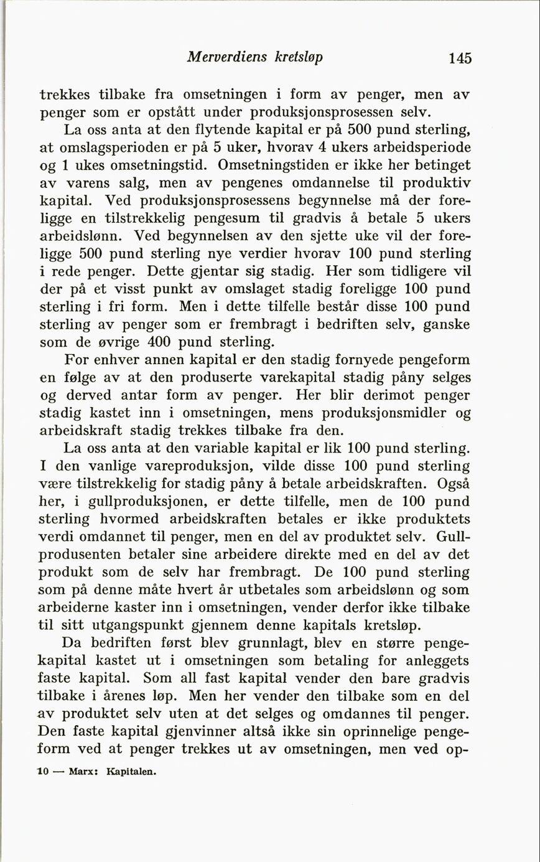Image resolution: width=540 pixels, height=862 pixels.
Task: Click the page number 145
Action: (x=459, y=59)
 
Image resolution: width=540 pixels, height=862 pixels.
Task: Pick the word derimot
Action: (x=362, y=395)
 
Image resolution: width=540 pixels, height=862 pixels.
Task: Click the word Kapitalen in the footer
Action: (x=131, y=772)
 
